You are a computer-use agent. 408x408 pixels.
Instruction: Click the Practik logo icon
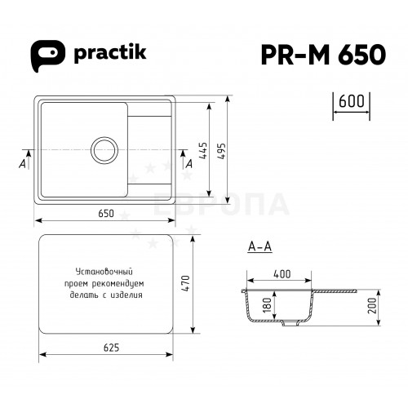point(47,55)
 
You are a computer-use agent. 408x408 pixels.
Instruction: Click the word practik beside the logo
point(110,53)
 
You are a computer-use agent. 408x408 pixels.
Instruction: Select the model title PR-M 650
point(323,55)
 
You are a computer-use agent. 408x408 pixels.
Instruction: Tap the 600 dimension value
point(352,101)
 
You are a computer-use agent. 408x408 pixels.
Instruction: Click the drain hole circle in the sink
point(105,150)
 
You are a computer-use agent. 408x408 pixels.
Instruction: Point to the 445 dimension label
point(203,150)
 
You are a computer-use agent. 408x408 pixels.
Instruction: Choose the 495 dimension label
point(222,151)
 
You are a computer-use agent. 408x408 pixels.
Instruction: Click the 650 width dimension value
point(106,213)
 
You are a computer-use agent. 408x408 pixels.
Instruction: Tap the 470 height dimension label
point(186,284)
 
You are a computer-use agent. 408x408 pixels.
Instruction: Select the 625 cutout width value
point(111,348)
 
